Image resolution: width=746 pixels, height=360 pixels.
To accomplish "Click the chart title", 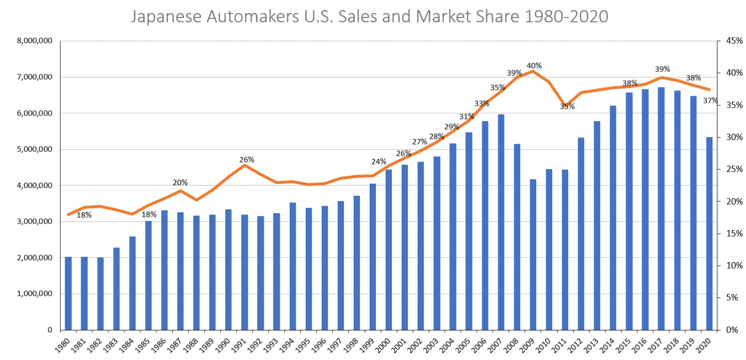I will (x=369, y=17).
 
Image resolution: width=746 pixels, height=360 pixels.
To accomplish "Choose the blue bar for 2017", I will (x=661, y=208).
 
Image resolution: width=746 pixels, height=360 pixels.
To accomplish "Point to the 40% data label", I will (x=534, y=66).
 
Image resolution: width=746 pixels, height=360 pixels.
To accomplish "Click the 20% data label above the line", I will (x=180, y=183).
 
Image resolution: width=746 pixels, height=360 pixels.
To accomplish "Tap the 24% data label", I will (x=379, y=161).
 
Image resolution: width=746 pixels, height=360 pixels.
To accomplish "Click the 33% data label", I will (x=482, y=103).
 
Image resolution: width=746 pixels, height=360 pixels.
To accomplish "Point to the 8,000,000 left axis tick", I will (x=35, y=41).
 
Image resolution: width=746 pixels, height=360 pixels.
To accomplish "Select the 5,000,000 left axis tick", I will (x=35, y=150).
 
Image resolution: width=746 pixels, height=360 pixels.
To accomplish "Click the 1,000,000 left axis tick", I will (x=35, y=294).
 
